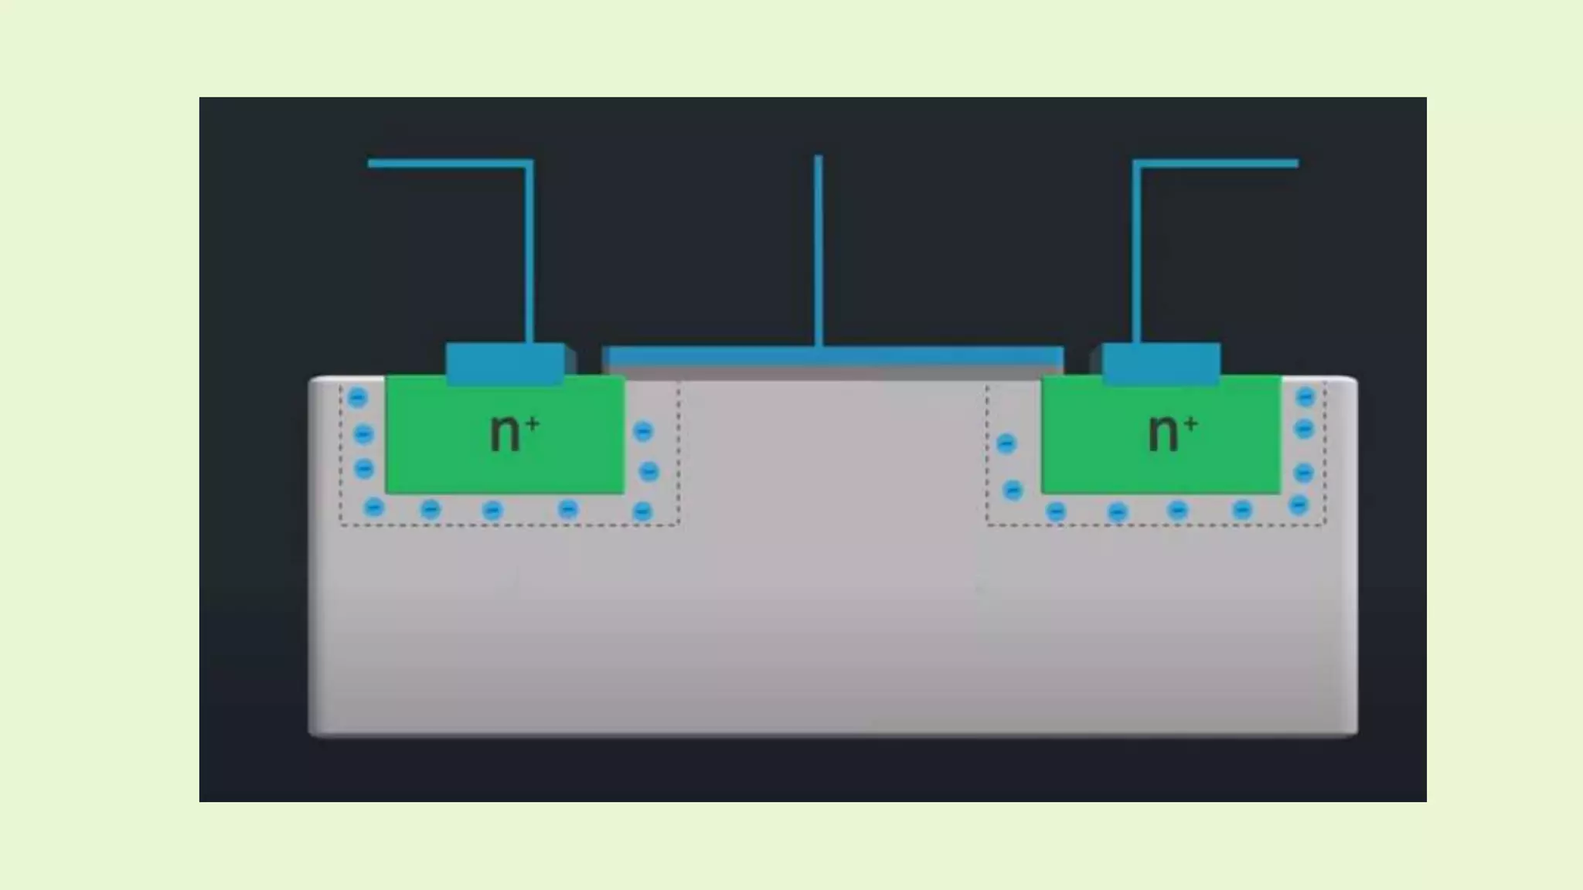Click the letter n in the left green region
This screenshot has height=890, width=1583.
[505, 433]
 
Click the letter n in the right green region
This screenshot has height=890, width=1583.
[1163, 433]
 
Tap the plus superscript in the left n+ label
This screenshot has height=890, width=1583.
[532, 423]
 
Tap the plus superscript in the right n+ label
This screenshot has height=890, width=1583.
[1190, 423]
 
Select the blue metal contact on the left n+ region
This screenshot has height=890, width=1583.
[505, 363]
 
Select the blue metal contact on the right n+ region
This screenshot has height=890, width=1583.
[1161, 363]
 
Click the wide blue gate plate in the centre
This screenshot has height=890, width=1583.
[833, 356]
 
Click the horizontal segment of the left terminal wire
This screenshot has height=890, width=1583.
[448, 164]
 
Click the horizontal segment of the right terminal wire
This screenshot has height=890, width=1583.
[1217, 164]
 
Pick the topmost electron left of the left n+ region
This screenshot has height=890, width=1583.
[357, 398]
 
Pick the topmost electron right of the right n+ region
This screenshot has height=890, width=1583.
[1305, 397]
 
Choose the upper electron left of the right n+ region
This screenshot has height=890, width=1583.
[1006, 443]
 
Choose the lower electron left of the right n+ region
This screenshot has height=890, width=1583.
[1013, 491]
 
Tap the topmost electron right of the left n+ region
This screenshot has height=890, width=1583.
[643, 431]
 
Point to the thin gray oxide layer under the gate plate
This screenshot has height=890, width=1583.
[833, 372]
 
